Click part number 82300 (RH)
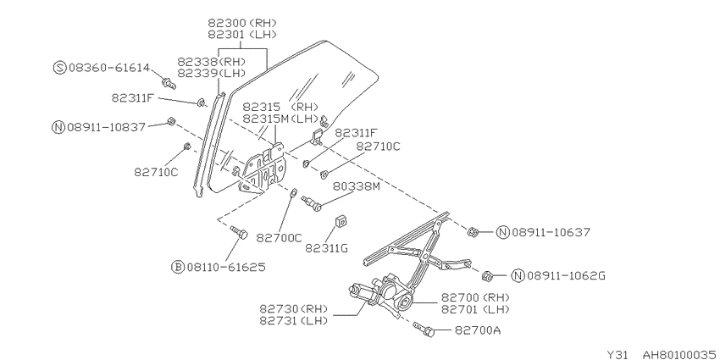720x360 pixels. tap(242, 22)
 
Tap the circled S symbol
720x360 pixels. tap(60, 68)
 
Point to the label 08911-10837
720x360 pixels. tap(106, 127)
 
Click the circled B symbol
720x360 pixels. tap(178, 267)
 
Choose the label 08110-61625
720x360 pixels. tap(226, 267)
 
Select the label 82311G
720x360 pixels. tap(326, 248)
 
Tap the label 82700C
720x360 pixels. tap(280, 237)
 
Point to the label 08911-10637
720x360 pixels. tap(551, 232)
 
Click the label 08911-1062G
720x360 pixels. tap(566, 275)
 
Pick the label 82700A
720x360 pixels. tap(478, 330)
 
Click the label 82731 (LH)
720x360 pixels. tap(293, 320)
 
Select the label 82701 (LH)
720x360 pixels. tap(475, 309)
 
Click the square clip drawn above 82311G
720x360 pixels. tap(341, 221)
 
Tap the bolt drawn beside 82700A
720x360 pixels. tap(424, 329)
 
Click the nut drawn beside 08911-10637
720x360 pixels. tap(473, 232)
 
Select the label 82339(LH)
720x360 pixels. tap(212, 73)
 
